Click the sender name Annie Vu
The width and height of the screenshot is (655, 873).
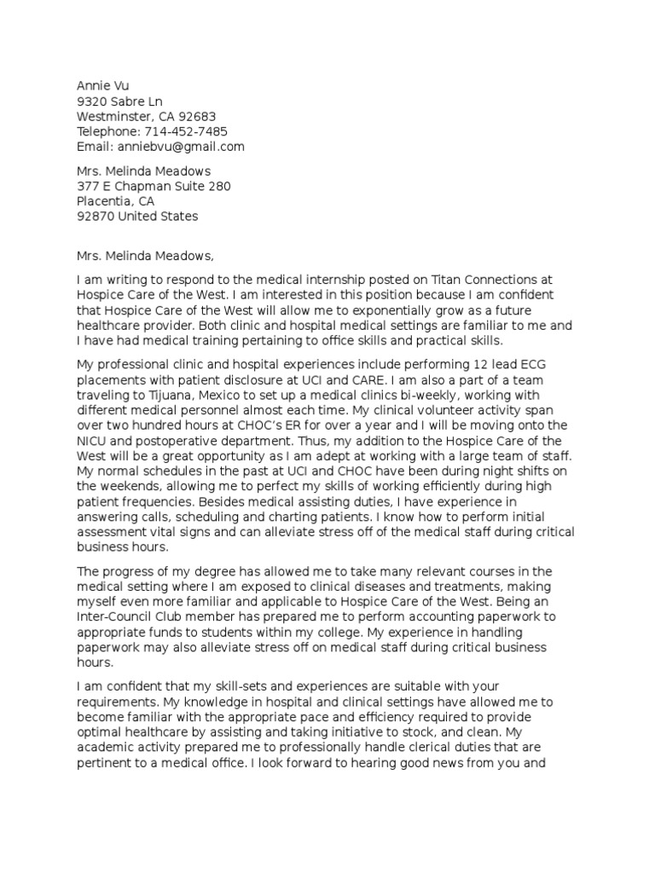pos(102,85)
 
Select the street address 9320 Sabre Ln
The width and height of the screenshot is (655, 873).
pos(119,101)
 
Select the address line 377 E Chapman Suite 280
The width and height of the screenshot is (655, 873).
pos(154,186)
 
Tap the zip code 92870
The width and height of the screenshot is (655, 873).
pos(96,217)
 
